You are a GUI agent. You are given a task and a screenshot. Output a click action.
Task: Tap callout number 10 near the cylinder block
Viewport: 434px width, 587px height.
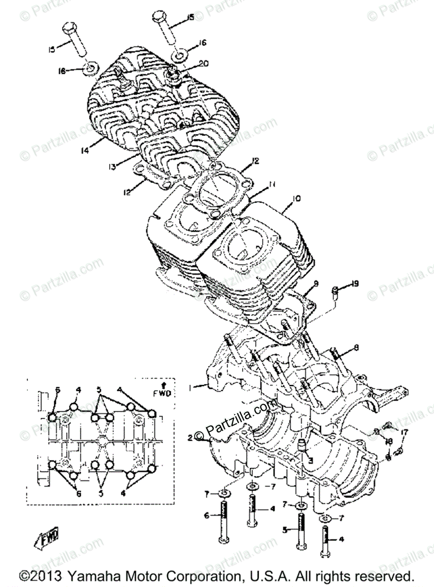point(297,199)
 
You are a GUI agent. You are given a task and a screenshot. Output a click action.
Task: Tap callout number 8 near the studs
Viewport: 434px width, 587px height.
point(356,347)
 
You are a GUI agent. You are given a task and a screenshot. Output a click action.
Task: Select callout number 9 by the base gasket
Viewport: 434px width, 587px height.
point(316,283)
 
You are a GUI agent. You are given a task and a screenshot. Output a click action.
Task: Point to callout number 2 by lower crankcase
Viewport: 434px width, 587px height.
point(190,438)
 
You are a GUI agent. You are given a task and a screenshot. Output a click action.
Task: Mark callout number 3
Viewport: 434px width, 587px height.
point(309,460)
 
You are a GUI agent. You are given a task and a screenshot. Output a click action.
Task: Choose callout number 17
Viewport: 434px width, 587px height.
point(404,432)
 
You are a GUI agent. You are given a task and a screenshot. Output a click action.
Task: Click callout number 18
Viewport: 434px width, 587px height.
point(389,442)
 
